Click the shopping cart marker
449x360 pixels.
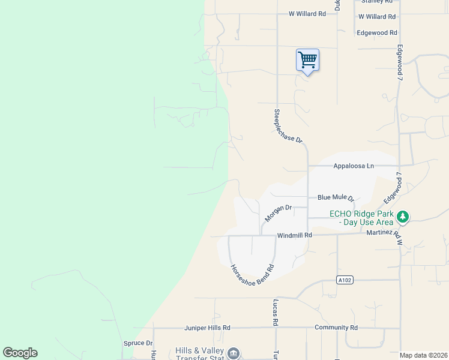[x=307, y=61]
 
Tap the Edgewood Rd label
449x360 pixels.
[x=377, y=33]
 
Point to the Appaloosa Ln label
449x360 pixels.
[x=354, y=166]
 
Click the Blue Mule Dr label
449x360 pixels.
[x=336, y=197]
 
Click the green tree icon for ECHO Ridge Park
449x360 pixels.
[x=404, y=216]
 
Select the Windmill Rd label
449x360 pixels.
[x=295, y=235]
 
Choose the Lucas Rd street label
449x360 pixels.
[x=276, y=313]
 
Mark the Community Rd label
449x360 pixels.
[x=336, y=328]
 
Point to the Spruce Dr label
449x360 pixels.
[x=137, y=343]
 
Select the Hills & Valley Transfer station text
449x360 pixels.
[x=199, y=354]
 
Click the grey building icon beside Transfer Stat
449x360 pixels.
[x=234, y=353]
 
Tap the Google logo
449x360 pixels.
[x=20, y=353]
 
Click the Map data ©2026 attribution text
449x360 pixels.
[x=423, y=355]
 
